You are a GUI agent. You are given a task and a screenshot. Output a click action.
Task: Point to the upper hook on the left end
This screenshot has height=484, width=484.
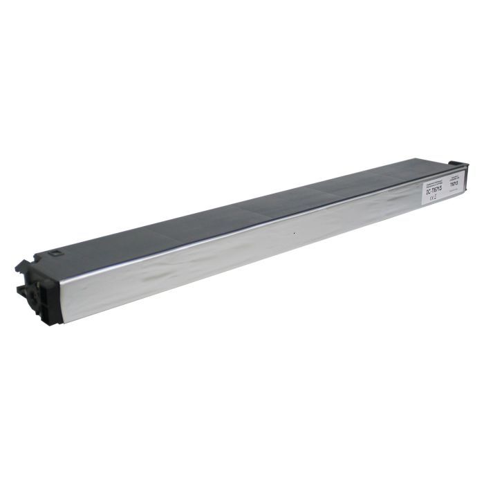coord(22,266)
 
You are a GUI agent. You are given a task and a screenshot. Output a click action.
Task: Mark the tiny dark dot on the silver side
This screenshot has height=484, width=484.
coord(295,233)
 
